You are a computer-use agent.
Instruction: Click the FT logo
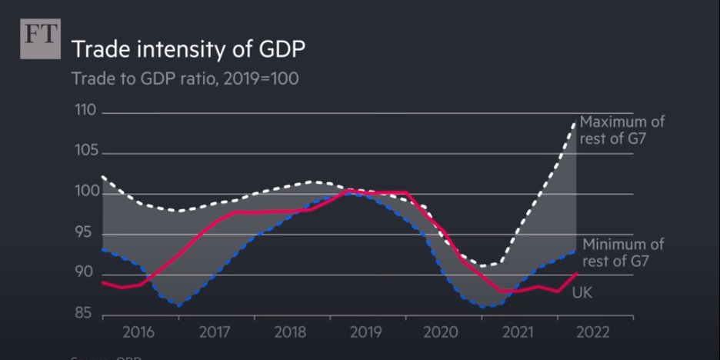pyautogui.click(x=40, y=38)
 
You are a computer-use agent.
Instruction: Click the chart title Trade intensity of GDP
pyautogui.click(x=188, y=49)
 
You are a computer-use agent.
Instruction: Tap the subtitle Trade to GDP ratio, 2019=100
pyautogui.click(x=185, y=78)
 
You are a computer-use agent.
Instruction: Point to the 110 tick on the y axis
pyautogui.click(x=85, y=111)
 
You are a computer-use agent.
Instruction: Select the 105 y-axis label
pyautogui.click(x=85, y=151)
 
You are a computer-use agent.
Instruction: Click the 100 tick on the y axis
pyautogui.click(x=85, y=192)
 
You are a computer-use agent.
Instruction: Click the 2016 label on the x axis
pyautogui.click(x=138, y=332)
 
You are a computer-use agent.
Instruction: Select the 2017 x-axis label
pyautogui.click(x=215, y=332)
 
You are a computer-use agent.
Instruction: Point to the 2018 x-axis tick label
pyautogui.click(x=290, y=332)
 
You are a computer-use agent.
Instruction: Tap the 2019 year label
pyautogui.click(x=366, y=332)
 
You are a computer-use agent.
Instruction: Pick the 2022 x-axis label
pyautogui.click(x=593, y=332)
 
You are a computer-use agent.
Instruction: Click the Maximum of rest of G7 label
pyautogui.click(x=622, y=129)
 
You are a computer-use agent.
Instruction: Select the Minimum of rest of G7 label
pyautogui.click(x=623, y=252)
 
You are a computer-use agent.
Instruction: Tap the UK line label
pyautogui.click(x=582, y=292)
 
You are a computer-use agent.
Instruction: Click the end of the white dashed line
pyautogui.click(x=574, y=123)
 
